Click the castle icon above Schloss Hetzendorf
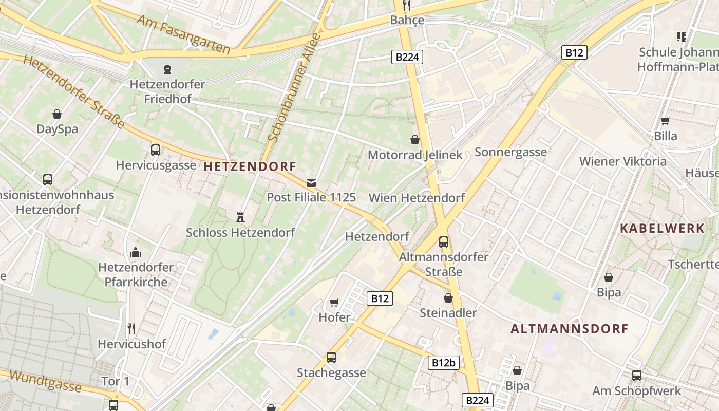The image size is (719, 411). [x=240, y=217]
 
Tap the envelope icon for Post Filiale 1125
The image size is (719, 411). [x=311, y=182]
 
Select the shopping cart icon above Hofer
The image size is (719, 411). [x=334, y=302]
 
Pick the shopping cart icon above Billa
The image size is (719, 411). [x=665, y=121]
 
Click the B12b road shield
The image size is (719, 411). [x=443, y=363]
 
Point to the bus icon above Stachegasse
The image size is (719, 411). [x=331, y=357]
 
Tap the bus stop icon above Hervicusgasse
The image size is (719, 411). [x=155, y=150]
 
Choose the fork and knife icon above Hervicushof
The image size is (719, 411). [x=131, y=329]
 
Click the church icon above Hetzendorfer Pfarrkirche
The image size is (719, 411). [x=136, y=252]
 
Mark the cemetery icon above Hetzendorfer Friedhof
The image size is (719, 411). [x=167, y=69]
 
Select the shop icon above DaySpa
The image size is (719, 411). [x=57, y=114]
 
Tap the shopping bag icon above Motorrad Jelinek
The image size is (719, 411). [x=415, y=140]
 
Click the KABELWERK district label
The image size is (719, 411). [x=662, y=229]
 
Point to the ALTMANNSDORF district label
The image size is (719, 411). [x=570, y=329]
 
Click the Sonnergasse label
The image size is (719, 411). [x=510, y=152]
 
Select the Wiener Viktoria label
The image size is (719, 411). [x=622, y=161]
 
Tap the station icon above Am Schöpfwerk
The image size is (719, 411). [x=637, y=376]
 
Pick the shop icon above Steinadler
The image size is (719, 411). [x=448, y=298]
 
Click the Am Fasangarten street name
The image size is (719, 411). [x=183, y=34]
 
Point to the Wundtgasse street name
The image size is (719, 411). [x=45, y=381]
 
